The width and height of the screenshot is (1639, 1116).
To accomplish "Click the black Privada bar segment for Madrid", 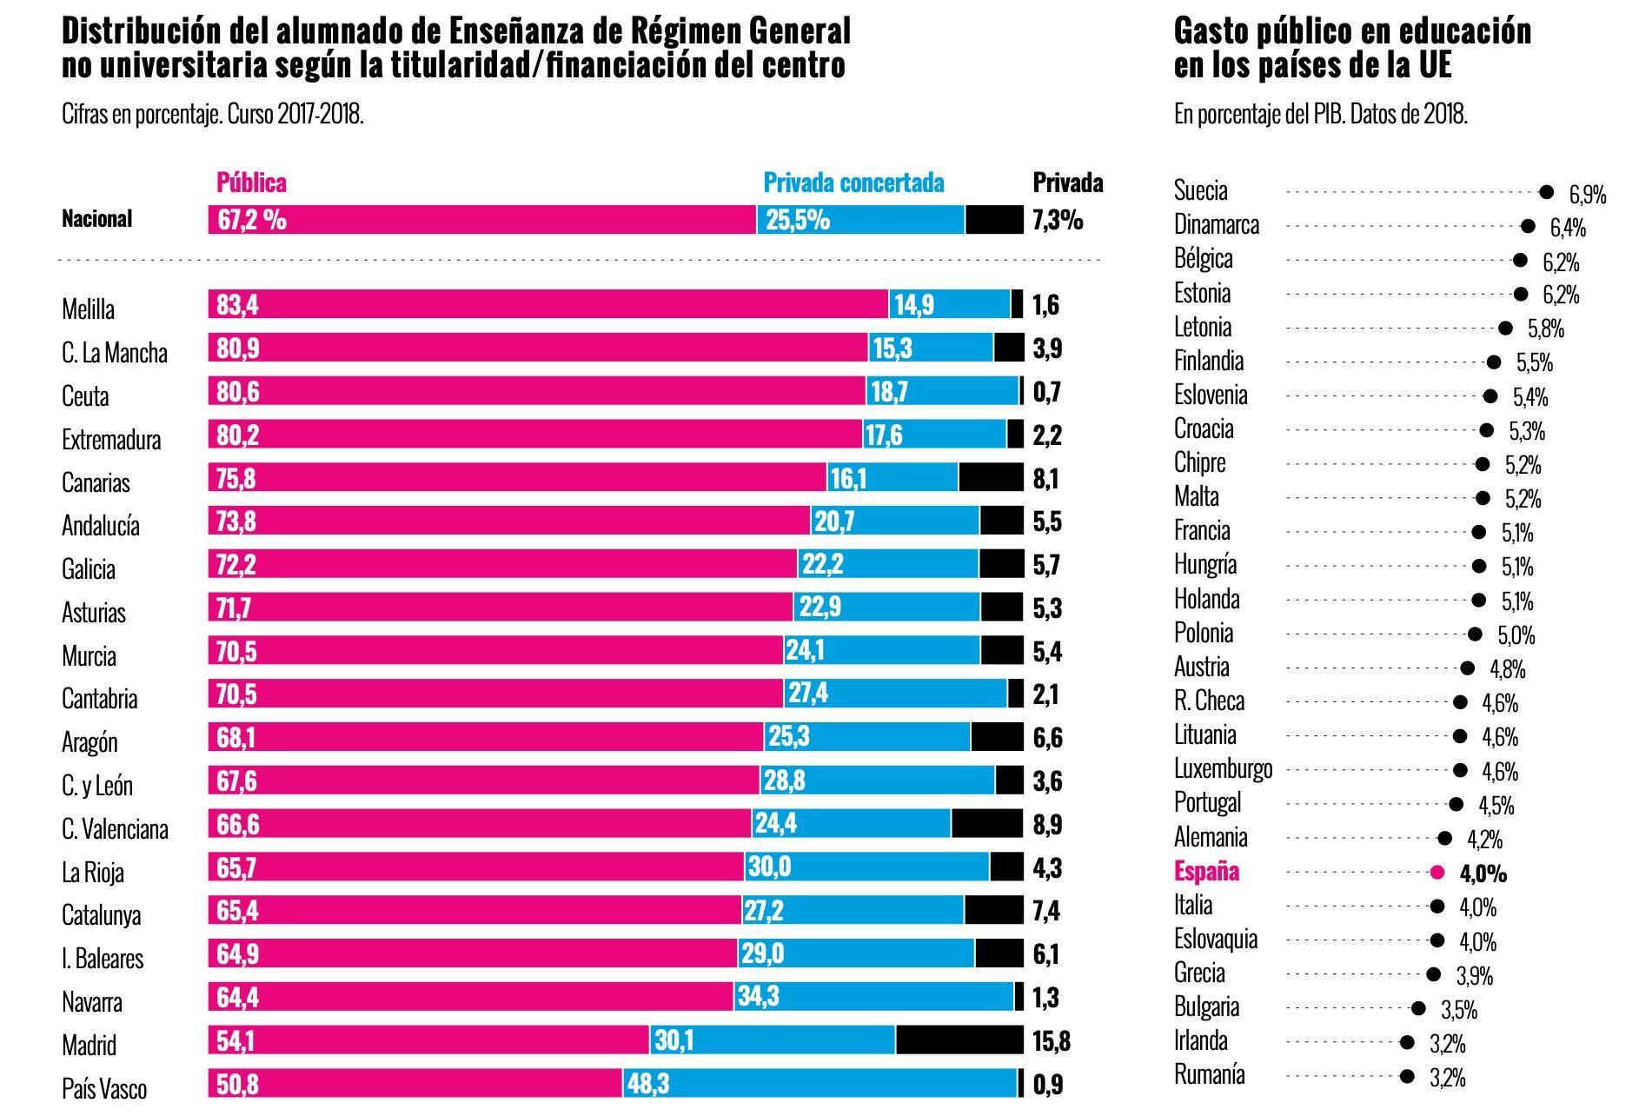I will (959, 1040).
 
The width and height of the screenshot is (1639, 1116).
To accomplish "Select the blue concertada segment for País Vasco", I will (819, 1084).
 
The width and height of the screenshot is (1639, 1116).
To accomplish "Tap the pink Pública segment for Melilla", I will (547, 304).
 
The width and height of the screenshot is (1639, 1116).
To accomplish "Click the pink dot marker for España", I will (1437, 872).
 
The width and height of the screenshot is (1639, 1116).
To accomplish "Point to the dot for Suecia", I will (1546, 192).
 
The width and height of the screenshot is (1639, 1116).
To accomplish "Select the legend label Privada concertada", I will (853, 183).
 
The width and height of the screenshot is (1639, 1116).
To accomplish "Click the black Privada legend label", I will (1067, 183).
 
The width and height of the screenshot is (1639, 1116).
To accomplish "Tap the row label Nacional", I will (96, 219).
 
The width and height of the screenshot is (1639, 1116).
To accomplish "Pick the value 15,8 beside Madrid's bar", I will (1051, 1041).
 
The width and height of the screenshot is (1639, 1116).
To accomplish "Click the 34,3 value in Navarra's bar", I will (758, 997).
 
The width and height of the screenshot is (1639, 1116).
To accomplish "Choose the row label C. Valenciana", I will (115, 829).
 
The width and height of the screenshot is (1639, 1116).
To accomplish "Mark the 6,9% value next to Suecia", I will (1587, 195).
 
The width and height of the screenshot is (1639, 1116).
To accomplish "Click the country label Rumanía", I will (1209, 1075).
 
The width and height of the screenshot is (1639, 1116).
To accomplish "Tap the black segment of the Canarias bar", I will (991, 477).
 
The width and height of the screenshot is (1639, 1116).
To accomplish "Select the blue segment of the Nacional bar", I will (860, 220).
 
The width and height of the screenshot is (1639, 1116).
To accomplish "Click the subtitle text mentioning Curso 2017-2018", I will (212, 115).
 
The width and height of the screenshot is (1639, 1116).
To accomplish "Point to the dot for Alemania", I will (1444, 838).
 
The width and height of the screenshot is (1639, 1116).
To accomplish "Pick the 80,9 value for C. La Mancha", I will (237, 349).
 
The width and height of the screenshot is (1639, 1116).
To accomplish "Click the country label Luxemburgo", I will (1223, 769).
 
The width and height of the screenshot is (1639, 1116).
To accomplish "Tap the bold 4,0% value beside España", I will (1483, 874).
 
